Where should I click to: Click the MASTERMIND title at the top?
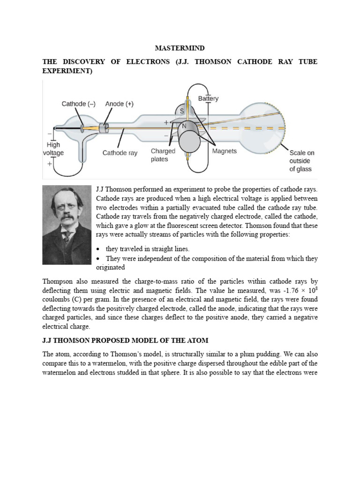point(180,48)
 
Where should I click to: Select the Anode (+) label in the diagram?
point(119,104)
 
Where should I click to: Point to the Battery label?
point(208,99)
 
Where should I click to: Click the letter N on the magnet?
point(184,126)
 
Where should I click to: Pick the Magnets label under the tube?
point(225,151)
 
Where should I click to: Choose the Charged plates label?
point(163,155)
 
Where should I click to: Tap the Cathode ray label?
point(120,153)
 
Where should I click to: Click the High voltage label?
point(53,149)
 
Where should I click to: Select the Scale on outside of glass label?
point(301,161)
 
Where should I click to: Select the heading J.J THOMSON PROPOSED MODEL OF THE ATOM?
point(126,340)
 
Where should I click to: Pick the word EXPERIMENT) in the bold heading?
point(67,71)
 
